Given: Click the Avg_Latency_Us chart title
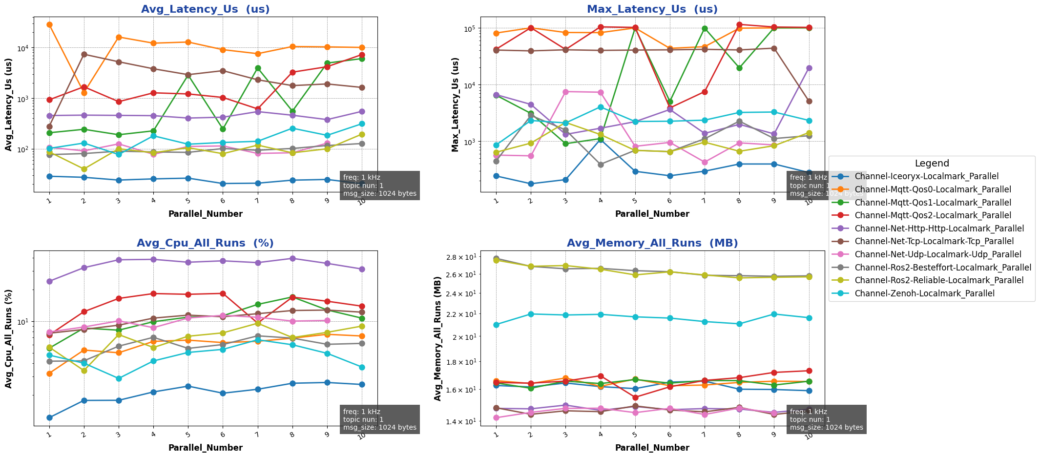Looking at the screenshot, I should [205, 9].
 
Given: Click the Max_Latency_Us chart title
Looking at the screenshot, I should [652, 9].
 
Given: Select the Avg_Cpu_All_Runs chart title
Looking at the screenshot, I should [205, 243].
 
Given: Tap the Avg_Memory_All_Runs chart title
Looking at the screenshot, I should [652, 243].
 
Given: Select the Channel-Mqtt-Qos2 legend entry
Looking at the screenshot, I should [933, 215].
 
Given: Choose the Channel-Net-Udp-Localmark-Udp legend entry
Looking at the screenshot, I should [938, 254].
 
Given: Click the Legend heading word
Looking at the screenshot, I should [932, 164].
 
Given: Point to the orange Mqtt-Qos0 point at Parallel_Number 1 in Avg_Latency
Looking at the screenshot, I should [49, 24].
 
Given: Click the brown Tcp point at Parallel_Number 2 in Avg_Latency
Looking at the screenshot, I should [84, 54].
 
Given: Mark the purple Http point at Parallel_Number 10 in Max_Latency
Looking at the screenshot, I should [809, 68].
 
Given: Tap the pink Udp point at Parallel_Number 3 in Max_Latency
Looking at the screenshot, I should [565, 92].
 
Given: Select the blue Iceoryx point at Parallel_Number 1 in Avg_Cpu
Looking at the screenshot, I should [49, 417].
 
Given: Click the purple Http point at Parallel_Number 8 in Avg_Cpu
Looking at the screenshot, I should [292, 258].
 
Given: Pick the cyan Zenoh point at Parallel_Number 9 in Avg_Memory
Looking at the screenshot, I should [774, 314].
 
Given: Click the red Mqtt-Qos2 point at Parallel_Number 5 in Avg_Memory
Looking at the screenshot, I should [635, 397].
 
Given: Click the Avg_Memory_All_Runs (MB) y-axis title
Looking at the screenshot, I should [438, 338].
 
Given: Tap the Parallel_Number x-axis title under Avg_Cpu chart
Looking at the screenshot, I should [205, 448].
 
